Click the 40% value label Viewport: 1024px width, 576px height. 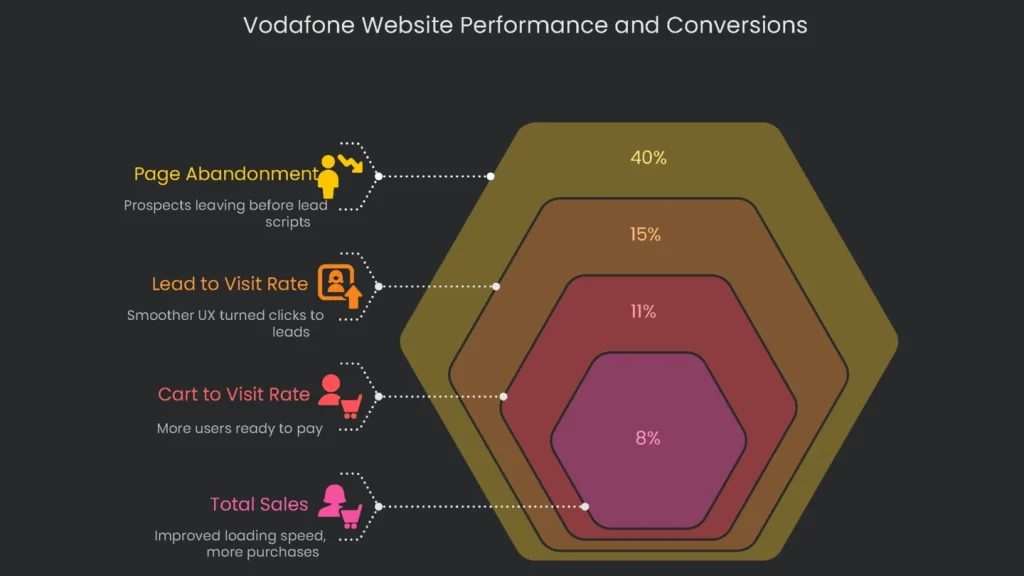(x=648, y=158)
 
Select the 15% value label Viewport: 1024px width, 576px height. (x=645, y=234)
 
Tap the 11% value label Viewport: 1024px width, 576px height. (x=643, y=312)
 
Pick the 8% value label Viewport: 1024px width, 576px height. (x=647, y=438)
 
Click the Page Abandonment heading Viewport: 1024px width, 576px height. (x=226, y=174)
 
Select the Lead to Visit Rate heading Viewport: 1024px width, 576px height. (x=230, y=284)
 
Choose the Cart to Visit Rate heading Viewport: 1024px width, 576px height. (x=234, y=394)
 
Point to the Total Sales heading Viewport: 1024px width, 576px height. (x=259, y=504)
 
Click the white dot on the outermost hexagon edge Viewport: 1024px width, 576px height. (x=491, y=176)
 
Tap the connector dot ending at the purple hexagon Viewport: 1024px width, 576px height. (x=585, y=506)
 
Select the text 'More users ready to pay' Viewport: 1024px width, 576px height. (x=239, y=428)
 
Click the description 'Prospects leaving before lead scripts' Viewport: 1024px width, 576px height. (x=226, y=213)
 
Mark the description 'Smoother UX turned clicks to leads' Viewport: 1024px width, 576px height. (x=225, y=323)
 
